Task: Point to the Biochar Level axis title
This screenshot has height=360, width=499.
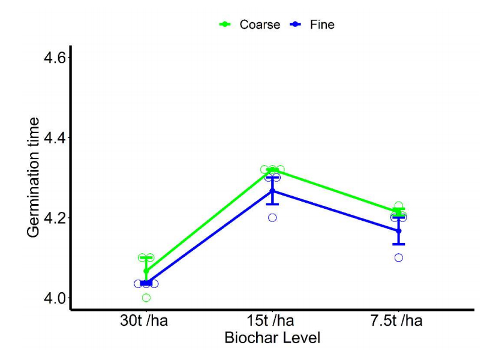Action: coord(272,338)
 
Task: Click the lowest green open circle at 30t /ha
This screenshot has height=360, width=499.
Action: coord(146,298)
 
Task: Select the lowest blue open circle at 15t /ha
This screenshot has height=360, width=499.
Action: coord(272,218)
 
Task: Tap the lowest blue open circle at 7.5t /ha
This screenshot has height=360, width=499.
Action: coord(399,258)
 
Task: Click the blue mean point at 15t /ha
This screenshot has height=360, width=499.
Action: coord(272,191)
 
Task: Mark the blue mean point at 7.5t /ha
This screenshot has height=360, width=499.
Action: coord(399,231)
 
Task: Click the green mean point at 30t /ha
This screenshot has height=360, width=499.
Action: coord(146,271)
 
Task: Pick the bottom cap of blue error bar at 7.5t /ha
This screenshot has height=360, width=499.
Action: coord(399,244)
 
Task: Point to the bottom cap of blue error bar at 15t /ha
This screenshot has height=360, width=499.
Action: coord(272,205)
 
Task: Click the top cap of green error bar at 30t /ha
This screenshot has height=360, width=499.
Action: coord(146,258)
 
